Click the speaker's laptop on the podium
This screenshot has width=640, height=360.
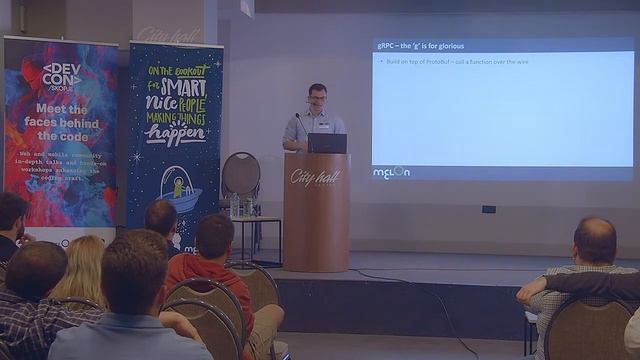(x=327, y=143)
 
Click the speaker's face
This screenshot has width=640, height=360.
(x=318, y=98)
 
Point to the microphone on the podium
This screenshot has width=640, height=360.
(x=297, y=124)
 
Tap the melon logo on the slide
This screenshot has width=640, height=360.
(x=392, y=171)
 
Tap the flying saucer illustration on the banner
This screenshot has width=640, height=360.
(x=180, y=187)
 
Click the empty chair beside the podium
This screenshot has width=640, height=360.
(x=240, y=174)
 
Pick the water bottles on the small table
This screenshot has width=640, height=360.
(x=241, y=206)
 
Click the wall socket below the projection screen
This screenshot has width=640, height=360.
(x=488, y=209)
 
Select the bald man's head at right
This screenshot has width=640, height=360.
(x=595, y=240)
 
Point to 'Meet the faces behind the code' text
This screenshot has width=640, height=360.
(x=61, y=123)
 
